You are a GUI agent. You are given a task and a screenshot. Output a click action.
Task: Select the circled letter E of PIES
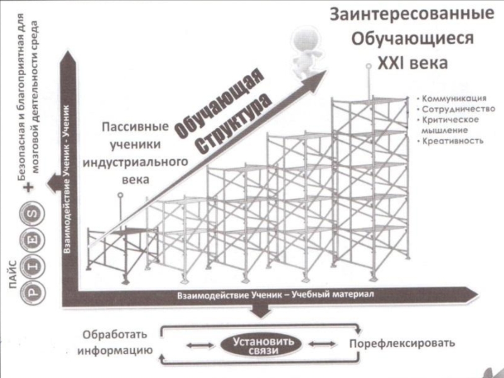[31, 240]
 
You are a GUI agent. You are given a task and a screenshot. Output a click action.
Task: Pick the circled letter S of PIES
[31, 214]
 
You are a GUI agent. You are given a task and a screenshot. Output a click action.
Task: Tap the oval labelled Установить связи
[260, 345]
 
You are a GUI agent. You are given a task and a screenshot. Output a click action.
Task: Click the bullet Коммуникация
[453, 99]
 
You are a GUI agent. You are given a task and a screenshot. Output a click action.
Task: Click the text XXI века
[412, 64]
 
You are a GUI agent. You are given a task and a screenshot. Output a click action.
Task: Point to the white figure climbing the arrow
[307, 54]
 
